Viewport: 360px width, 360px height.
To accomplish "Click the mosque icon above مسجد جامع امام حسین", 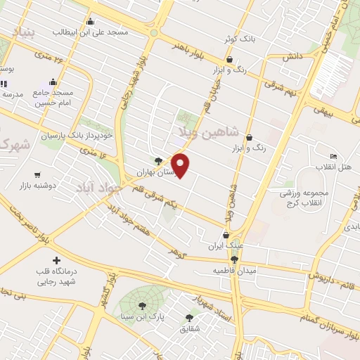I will tap(53, 82).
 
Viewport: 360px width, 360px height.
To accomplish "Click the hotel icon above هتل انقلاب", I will tap(333, 156).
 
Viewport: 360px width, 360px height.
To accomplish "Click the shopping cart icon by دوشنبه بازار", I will tap(37, 174).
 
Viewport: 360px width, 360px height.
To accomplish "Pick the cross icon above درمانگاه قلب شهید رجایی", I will tap(56, 261).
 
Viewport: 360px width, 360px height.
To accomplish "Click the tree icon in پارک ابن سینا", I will tap(143, 306).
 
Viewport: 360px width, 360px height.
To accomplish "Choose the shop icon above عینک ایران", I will tap(226, 236).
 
